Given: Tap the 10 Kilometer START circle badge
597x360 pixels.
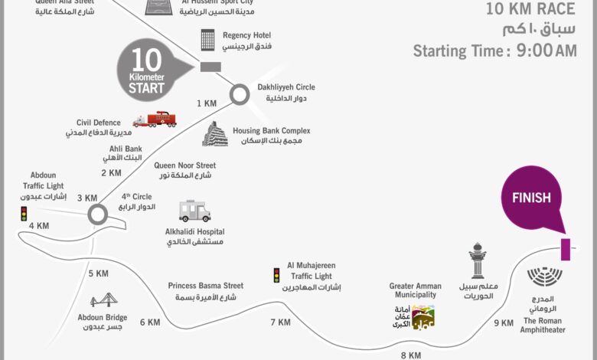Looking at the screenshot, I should pos(147,74).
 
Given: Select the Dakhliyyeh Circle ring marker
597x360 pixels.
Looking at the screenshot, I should pos(240,94).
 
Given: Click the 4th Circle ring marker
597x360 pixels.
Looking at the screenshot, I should pos(97,214).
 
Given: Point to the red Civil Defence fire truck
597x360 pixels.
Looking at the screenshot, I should pos(154,120).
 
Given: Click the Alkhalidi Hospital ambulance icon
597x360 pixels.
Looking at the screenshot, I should pos(194,211).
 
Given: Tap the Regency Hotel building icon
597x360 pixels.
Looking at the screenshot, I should pos(207,41).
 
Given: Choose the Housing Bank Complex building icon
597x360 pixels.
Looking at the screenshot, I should pos(215,133).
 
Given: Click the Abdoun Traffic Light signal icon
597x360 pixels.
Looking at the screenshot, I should pos(23,214).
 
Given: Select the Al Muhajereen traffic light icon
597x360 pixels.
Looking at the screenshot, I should pos(276,275).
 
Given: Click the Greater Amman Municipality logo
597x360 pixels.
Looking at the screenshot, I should pos(422,316).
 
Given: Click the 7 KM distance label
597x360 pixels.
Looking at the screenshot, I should pos(280,322).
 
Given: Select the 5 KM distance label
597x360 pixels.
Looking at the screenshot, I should pos(98,273).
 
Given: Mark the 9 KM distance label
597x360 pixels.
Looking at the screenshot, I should pos(504,323).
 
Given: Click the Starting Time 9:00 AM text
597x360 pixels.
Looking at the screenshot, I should pos(494,51).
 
